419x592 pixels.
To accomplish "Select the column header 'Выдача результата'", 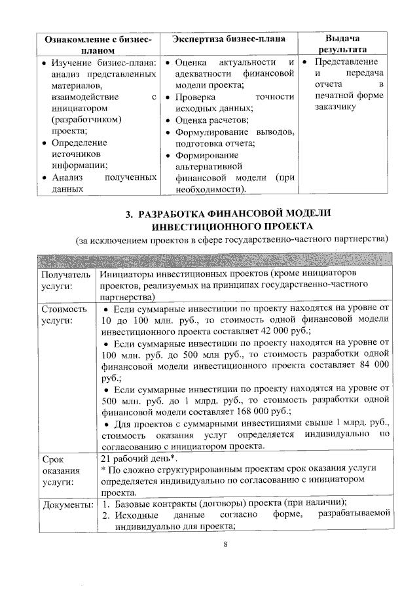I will pos(342,44).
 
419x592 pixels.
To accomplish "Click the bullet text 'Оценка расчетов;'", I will pos(211,121).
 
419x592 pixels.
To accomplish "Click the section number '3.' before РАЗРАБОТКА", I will pos(130,214).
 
